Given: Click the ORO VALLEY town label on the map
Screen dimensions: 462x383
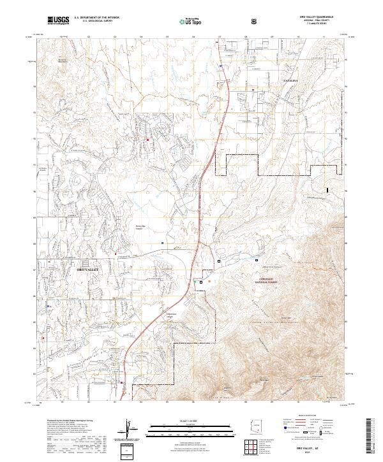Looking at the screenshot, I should pyautogui.click(x=81, y=271).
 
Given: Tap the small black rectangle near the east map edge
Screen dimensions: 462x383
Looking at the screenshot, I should pyautogui.click(x=329, y=189).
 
